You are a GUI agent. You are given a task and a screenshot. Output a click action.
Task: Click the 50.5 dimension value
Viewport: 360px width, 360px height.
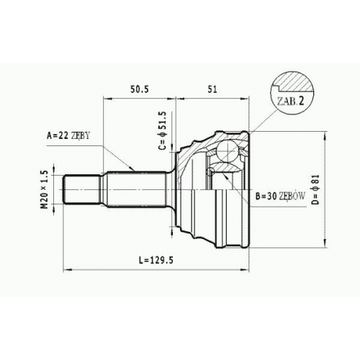pyautogui.click(x=140, y=89)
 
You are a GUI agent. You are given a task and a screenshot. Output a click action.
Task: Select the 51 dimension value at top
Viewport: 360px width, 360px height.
pyautogui.click(x=212, y=89)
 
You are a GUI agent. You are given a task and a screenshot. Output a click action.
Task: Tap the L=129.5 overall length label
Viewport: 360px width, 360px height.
pyautogui.click(x=156, y=260)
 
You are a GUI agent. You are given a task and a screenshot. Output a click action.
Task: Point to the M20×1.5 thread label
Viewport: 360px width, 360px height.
pyautogui.click(x=45, y=189)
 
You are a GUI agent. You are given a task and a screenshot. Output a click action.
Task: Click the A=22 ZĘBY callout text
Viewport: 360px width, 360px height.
pyautogui.click(x=68, y=135)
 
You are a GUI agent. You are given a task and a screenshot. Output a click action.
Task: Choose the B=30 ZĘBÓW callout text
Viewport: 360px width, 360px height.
pyautogui.click(x=280, y=197)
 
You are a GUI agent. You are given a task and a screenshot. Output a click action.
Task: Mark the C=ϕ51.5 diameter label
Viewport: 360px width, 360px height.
pyautogui.click(x=163, y=131)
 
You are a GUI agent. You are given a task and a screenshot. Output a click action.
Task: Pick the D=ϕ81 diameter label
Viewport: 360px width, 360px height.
pyautogui.click(x=316, y=189)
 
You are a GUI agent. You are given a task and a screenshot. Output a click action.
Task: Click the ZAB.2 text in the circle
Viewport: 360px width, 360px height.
pyautogui.click(x=290, y=102)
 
